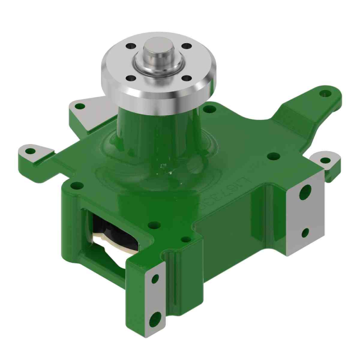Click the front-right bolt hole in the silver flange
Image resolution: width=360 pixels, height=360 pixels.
187,78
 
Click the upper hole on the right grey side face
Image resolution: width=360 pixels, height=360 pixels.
305,194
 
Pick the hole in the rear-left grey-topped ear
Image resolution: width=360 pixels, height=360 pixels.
80,106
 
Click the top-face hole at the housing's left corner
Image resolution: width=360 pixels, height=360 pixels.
76,186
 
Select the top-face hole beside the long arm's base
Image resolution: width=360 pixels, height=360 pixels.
274,156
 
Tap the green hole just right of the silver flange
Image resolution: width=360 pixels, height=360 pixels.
208,109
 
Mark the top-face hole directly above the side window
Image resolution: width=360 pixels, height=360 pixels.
152,225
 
